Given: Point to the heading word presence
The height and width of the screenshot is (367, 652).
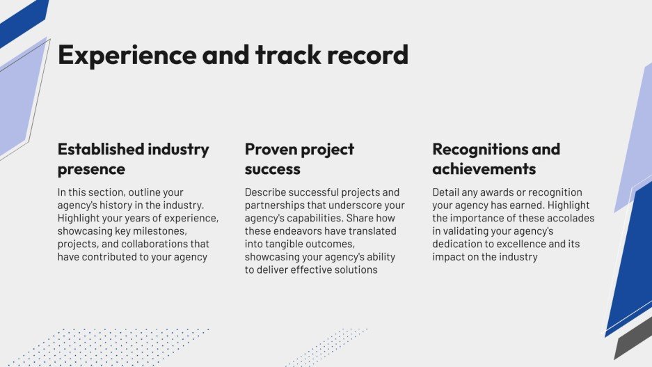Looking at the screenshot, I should tap(91, 169).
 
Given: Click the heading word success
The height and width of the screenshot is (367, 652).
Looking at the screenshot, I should tap(272, 169).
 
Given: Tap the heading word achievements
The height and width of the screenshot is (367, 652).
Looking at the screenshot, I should tap(484, 169).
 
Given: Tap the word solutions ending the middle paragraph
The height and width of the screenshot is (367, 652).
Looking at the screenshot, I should tap(355, 270).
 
